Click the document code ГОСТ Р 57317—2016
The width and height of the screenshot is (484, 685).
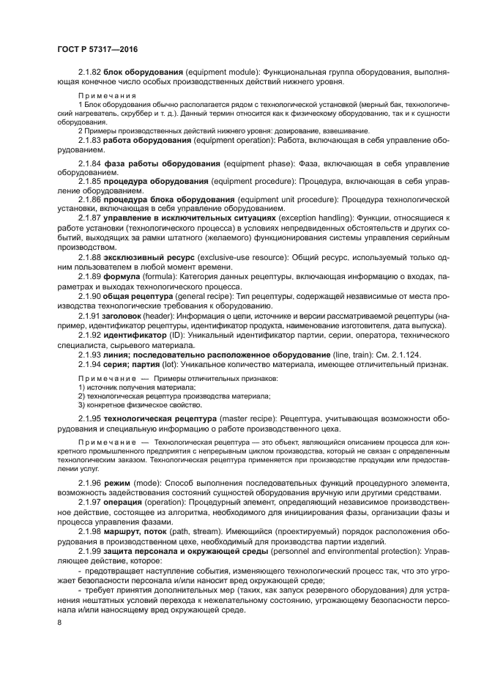click(97, 49)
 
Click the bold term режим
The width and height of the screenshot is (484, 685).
click(117, 484)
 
